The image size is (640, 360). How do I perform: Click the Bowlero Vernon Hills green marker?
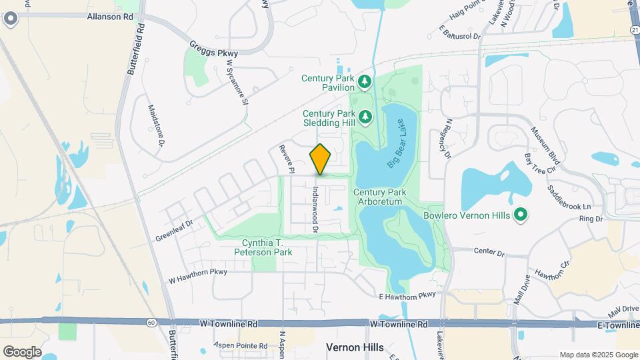522,215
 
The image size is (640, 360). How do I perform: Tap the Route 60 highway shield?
153,323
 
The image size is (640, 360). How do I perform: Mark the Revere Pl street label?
286,159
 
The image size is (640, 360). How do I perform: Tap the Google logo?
22,351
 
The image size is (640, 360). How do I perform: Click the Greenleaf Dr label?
174,230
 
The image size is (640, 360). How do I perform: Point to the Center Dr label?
489,253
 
